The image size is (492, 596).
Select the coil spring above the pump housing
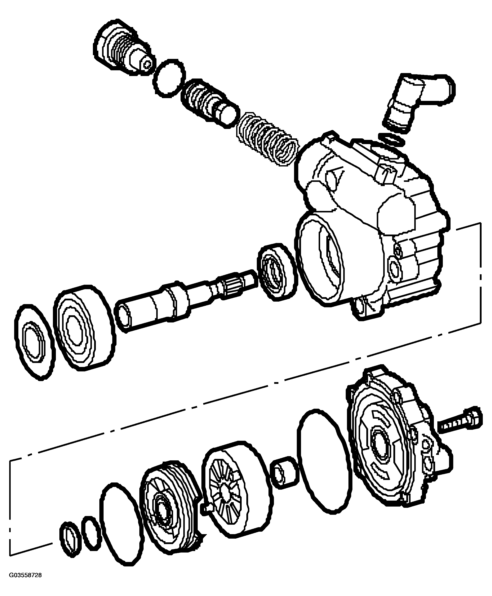coord(267,139)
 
